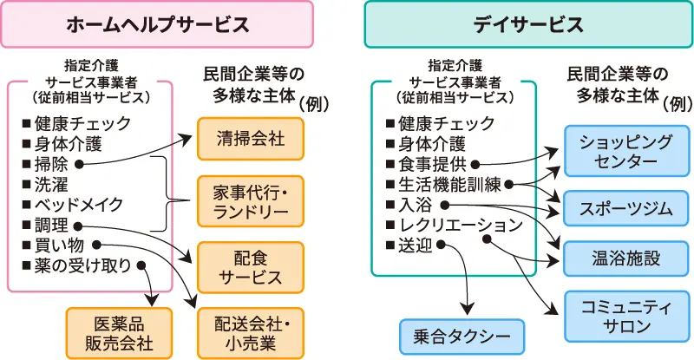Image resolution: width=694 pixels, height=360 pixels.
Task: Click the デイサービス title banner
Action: (528, 24)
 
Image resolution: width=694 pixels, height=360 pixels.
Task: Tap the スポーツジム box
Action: (619, 209)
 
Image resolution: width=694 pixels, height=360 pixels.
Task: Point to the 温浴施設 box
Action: (619, 258)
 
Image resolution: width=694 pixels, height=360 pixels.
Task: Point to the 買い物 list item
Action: (59, 245)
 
